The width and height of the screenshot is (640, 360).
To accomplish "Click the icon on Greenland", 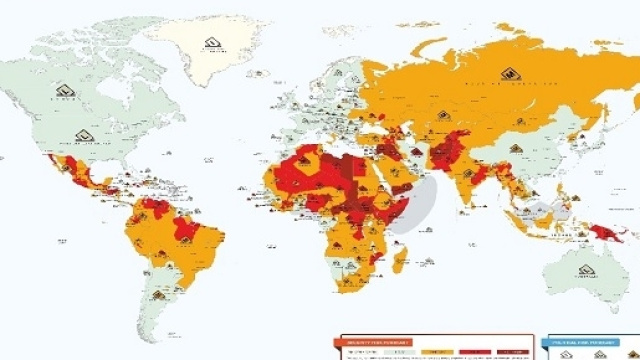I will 211,43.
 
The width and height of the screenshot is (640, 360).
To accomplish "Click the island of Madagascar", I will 400,262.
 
